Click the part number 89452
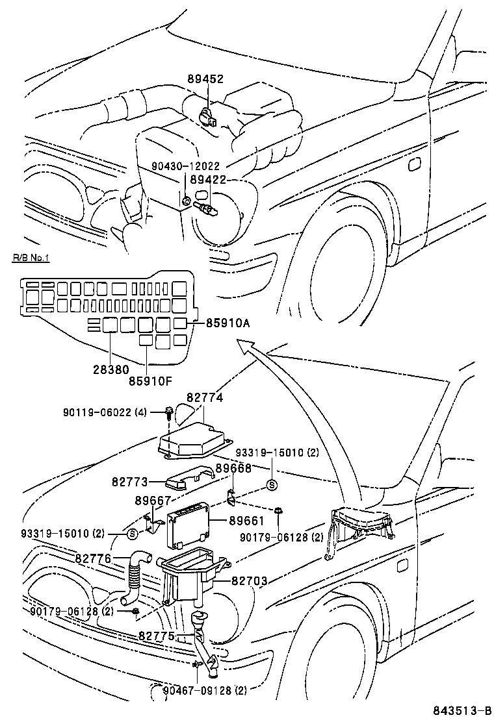coord(206,79)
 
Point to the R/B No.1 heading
coord(31,258)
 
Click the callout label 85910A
coord(228,322)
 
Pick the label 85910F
coord(149,380)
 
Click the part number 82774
coord(204,397)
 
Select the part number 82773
coord(129,482)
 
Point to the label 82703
coord(249,581)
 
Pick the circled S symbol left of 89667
coord(133,534)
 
